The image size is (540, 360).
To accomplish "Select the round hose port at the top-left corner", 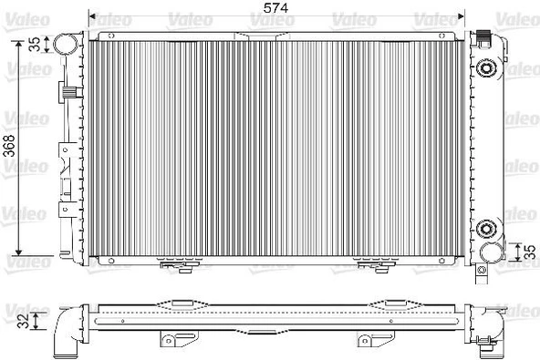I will click(65, 43).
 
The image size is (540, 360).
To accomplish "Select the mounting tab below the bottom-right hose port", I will click(483, 267).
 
